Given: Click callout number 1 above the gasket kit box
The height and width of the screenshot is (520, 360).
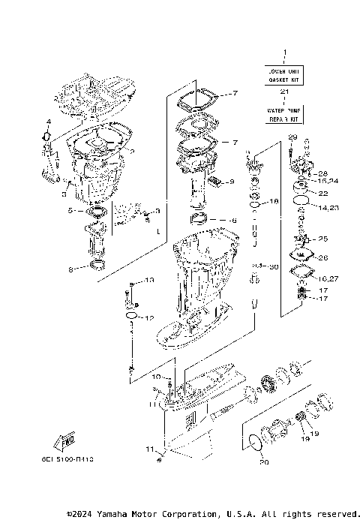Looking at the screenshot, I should (285, 53).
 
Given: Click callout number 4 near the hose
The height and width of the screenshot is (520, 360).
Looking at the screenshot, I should (47, 122).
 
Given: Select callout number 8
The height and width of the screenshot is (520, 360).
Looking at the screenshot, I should (70, 269).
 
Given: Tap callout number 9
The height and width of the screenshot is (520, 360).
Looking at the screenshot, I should (232, 182).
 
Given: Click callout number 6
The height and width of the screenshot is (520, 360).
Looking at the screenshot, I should (233, 221).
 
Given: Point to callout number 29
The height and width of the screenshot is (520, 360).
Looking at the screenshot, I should (292, 137).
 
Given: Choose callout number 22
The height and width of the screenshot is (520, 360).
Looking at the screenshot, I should (323, 193).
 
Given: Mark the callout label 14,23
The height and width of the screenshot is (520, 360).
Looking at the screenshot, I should (329, 207).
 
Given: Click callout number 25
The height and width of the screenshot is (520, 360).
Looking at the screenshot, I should (323, 239).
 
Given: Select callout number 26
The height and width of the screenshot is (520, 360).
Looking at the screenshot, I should (323, 258).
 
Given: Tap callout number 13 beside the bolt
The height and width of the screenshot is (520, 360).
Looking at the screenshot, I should (149, 280).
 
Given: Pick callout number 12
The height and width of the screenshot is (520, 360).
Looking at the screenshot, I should (149, 317).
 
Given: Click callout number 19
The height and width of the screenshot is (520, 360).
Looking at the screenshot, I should (313, 433).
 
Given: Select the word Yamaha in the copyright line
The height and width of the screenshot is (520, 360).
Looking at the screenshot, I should (109, 514).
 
